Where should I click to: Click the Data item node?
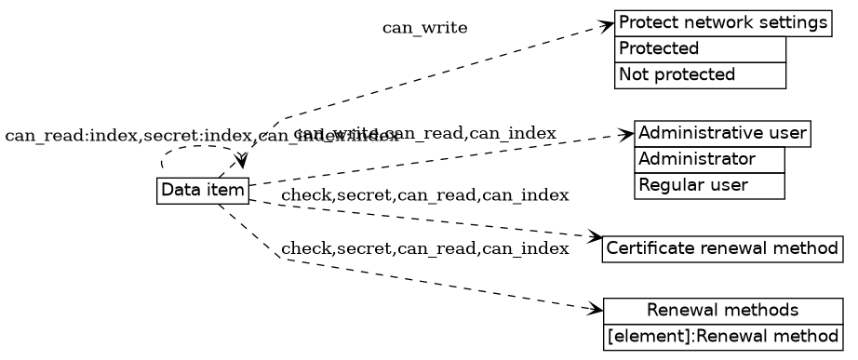(202, 191)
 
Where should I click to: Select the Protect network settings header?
(722, 22)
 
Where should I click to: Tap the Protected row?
(700, 48)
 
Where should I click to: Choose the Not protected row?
(700, 74)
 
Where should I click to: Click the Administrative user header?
(722, 132)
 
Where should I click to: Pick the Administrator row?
(709, 159)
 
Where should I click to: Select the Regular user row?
(709, 185)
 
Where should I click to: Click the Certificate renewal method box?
(722, 249)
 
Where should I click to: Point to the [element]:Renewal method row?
(722, 335)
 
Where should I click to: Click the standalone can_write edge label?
(424, 28)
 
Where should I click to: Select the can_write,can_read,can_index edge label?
(425, 134)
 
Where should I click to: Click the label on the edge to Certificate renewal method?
(424, 195)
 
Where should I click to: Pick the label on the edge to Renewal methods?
(424, 248)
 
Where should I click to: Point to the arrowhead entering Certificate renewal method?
(596, 239)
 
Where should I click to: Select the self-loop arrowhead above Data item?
(241, 164)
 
